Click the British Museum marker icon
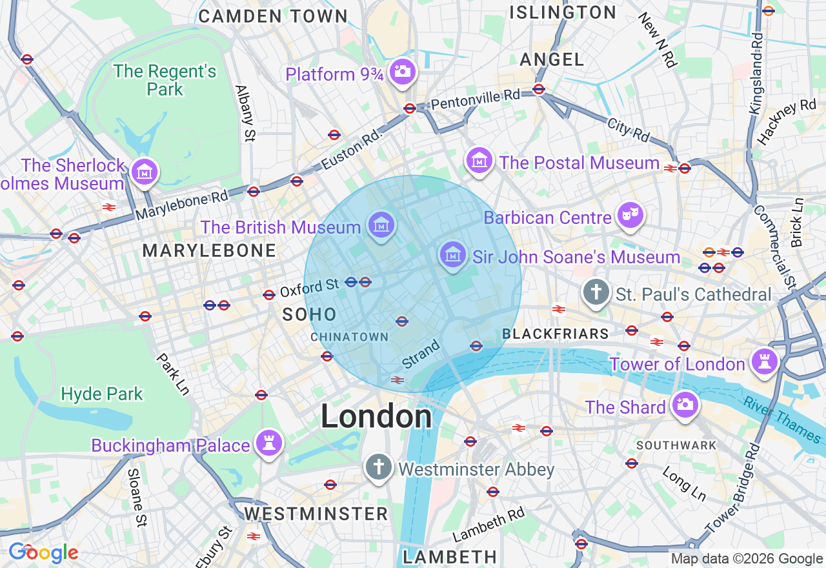(381, 225)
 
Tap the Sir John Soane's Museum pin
(453, 254)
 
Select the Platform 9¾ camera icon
(403, 71)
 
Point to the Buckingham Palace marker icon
(268, 443)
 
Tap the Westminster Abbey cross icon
(379, 466)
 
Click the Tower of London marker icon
(764, 361)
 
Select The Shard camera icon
(685, 405)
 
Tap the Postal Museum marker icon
(480, 160)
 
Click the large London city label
(376, 416)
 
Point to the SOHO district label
(310, 314)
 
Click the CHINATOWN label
(349, 337)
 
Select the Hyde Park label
(102, 394)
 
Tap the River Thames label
(782, 420)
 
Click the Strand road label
(421, 354)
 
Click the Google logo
(43, 553)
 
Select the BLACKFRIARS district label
(555, 334)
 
